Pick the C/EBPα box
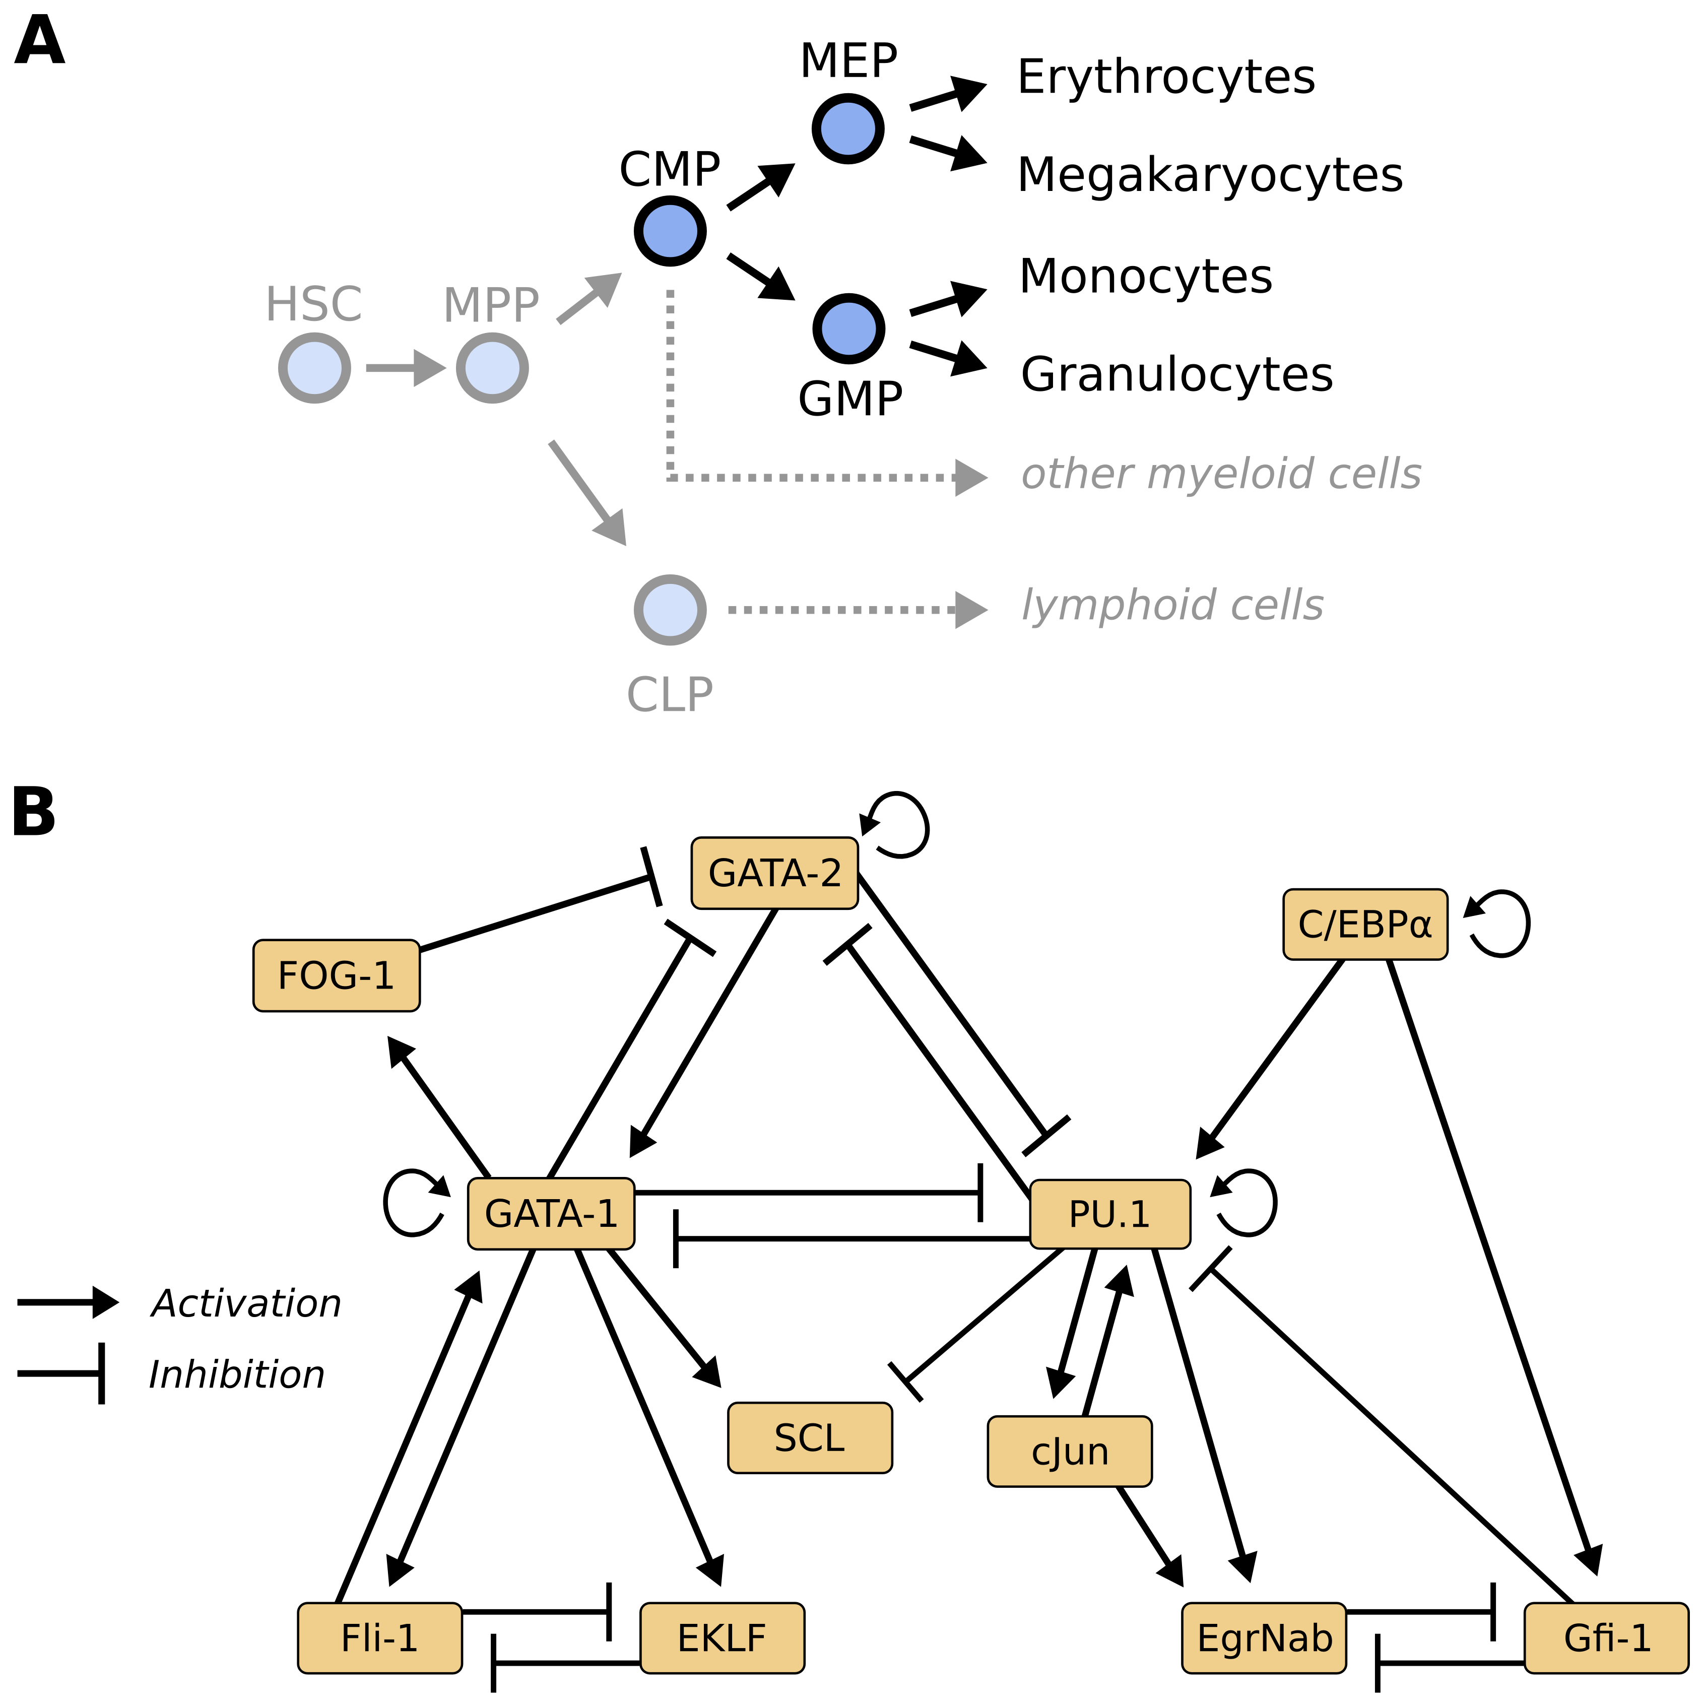(x=1365, y=924)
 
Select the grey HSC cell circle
(x=314, y=368)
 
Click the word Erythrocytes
(x=1165, y=77)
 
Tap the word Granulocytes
(x=1176, y=374)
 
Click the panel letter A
(x=40, y=41)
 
